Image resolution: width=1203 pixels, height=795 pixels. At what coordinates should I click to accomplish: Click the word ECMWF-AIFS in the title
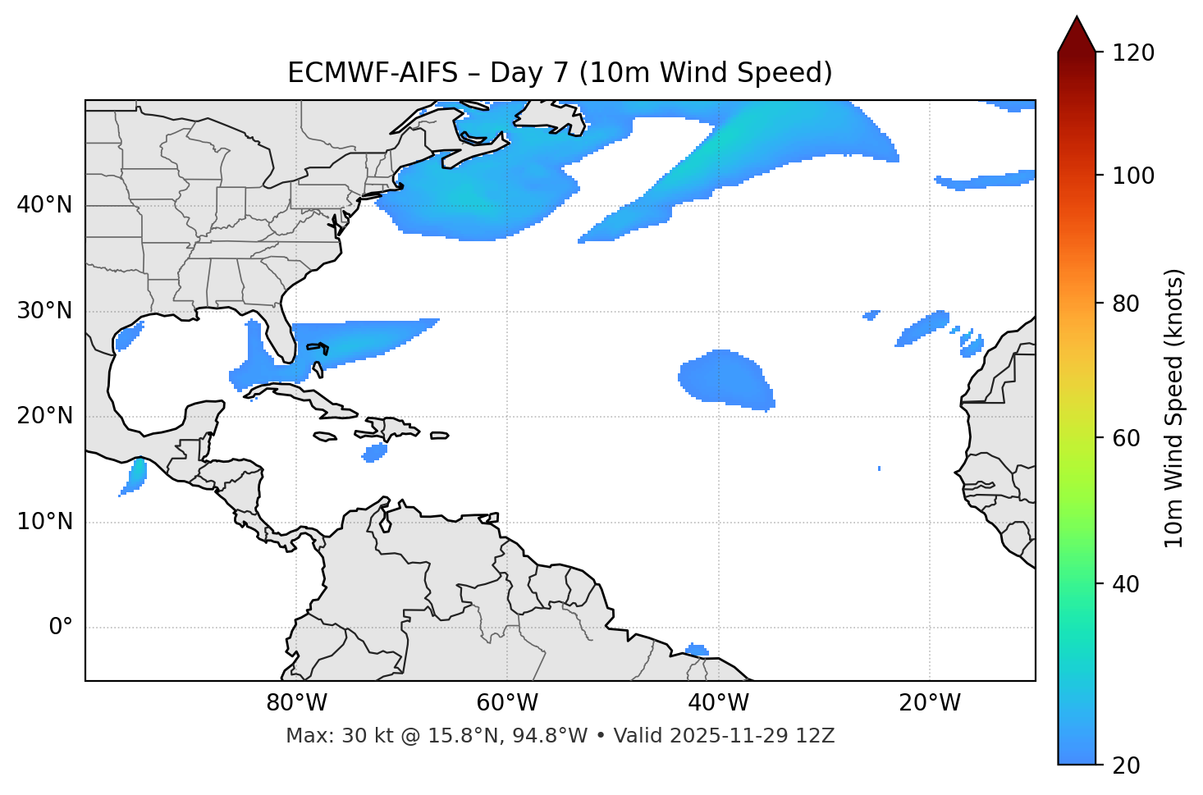click(373, 73)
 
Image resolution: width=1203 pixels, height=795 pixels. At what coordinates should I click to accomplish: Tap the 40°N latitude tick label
click(44, 205)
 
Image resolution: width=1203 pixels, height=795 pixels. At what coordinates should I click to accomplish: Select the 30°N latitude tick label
click(44, 311)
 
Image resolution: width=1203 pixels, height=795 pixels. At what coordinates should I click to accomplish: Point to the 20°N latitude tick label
click(44, 417)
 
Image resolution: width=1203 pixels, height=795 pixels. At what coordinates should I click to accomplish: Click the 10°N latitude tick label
click(44, 522)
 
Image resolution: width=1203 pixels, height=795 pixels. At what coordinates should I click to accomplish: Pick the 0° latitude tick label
click(61, 628)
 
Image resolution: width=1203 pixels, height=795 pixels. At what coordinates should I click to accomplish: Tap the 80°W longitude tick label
click(296, 703)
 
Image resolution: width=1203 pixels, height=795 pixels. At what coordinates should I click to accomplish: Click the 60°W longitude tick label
click(507, 703)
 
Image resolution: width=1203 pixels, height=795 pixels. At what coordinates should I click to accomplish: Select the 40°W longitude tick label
click(718, 703)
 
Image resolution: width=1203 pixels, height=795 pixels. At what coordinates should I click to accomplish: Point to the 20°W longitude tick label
click(929, 703)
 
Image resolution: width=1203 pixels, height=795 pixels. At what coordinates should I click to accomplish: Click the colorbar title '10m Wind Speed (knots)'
click(1174, 408)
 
